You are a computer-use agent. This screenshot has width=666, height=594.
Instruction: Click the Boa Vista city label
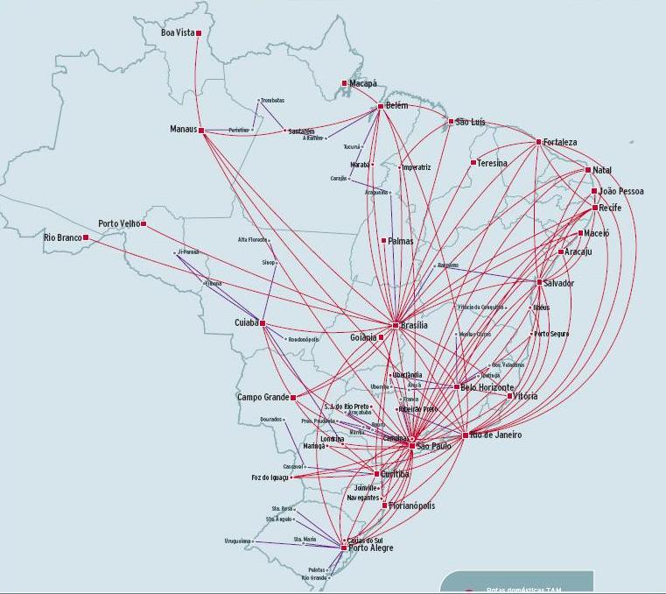(x=177, y=33)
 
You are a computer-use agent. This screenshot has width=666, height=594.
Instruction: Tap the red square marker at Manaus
(x=201, y=131)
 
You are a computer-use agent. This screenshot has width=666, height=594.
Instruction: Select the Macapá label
(x=363, y=83)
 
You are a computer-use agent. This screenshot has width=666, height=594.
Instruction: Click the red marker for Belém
(x=380, y=107)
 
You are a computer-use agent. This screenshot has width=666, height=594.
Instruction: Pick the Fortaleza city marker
(x=539, y=142)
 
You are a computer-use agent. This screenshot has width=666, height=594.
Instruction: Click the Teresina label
(x=493, y=163)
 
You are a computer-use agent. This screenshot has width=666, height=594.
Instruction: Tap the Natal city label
(x=602, y=169)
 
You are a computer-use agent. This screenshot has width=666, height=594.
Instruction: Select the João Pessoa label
(x=621, y=191)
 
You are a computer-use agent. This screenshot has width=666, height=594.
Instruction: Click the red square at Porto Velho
(x=144, y=224)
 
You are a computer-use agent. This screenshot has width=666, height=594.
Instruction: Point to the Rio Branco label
(x=62, y=237)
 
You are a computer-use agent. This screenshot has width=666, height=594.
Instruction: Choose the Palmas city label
(x=401, y=240)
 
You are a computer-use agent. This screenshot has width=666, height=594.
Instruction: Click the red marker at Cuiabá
(x=262, y=323)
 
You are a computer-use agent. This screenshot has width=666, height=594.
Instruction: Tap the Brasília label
(x=415, y=325)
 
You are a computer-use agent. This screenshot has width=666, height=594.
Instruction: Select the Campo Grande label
(x=263, y=397)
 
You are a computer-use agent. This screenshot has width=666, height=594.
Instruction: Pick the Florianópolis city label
(x=411, y=506)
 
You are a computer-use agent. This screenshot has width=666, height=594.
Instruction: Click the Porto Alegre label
(x=371, y=548)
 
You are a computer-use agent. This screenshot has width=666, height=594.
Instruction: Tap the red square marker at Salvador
(x=539, y=282)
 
